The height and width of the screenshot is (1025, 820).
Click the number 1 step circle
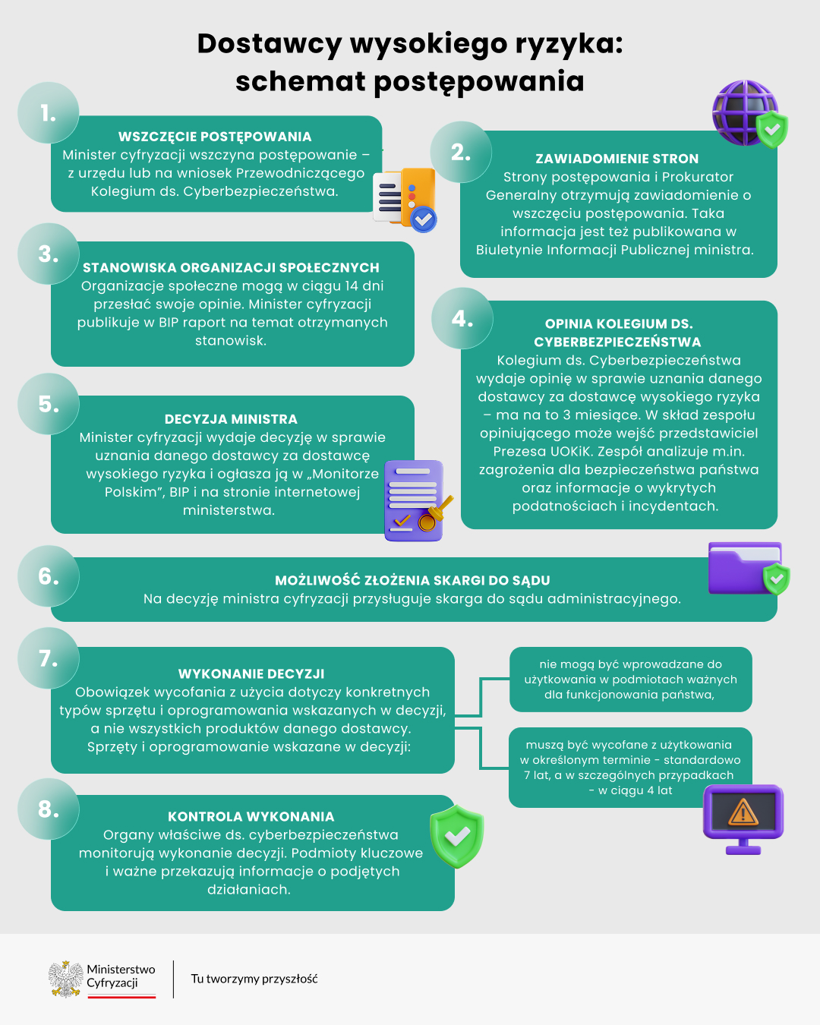coord(49,113)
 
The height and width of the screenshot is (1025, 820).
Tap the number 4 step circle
coord(462,318)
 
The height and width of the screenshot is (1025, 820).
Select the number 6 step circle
coord(49,576)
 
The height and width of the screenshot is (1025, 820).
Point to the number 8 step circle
coord(49,809)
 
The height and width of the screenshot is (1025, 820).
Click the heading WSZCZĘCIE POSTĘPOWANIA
coord(215,137)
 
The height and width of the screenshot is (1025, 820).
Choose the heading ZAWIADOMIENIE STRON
coord(617,159)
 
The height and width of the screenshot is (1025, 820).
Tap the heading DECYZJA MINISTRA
coord(231,419)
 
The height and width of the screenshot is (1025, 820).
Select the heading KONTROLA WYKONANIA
coord(251,817)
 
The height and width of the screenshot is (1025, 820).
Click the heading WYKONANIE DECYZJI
coord(251,674)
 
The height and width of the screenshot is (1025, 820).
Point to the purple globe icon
coord(743,112)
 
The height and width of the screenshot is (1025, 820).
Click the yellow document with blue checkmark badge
coord(406,199)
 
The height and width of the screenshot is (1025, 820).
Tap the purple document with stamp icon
coord(415,500)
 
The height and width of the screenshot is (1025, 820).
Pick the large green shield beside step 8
coord(456,837)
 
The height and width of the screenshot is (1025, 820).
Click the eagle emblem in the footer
coord(66,979)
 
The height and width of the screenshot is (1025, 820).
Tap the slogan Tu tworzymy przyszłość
coord(254,979)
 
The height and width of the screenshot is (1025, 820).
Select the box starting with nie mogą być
coord(630,680)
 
